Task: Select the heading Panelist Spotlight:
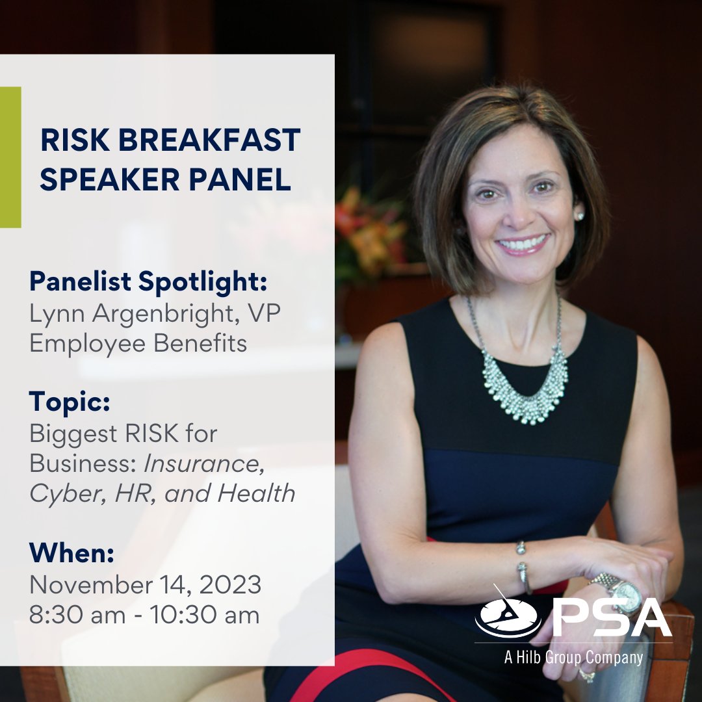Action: click(x=149, y=282)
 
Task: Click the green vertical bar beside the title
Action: click(x=10, y=157)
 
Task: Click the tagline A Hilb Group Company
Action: click(x=573, y=657)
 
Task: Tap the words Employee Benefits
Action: click(x=138, y=343)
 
